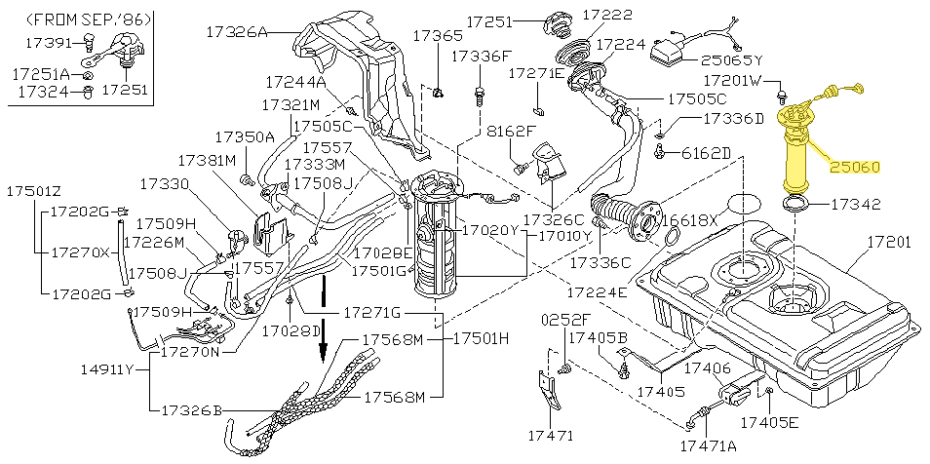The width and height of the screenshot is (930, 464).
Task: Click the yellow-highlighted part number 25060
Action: pyautogui.click(x=855, y=167)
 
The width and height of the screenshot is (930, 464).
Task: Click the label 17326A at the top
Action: pyautogui.click(x=235, y=31)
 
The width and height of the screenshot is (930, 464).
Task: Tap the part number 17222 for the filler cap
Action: pyautogui.click(x=606, y=16)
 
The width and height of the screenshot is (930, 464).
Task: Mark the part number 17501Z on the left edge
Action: pyautogui.click(x=34, y=190)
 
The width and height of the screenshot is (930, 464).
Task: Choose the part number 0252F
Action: pyautogui.click(x=567, y=319)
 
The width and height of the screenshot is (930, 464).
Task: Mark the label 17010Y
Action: pyautogui.click(x=561, y=235)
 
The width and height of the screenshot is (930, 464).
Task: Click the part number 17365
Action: pyautogui.click(x=438, y=35)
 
